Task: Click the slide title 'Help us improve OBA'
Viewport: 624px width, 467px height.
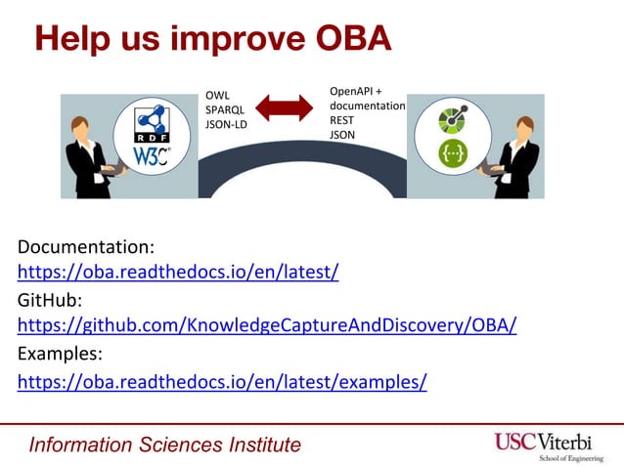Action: click(x=213, y=38)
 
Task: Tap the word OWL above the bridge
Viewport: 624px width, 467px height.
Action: click(x=217, y=95)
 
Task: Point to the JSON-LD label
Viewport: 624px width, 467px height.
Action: click(x=227, y=124)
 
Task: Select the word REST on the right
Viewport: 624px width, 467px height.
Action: click(x=343, y=120)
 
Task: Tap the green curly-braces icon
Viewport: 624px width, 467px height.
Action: click(x=454, y=153)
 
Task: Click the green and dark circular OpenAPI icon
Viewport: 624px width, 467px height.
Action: click(x=454, y=120)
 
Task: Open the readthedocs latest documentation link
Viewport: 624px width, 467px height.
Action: click(x=178, y=272)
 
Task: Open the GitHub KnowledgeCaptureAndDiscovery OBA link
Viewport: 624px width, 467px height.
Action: click(x=267, y=324)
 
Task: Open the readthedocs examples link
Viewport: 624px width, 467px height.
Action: click(x=222, y=380)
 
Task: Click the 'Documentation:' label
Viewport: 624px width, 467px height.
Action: click(x=86, y=245)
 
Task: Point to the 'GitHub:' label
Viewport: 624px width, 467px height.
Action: click(x=50, y=299)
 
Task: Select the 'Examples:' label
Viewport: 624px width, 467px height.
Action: click(x=60, y=353)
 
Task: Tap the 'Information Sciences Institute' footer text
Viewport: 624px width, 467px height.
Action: click(x=165, y=446)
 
